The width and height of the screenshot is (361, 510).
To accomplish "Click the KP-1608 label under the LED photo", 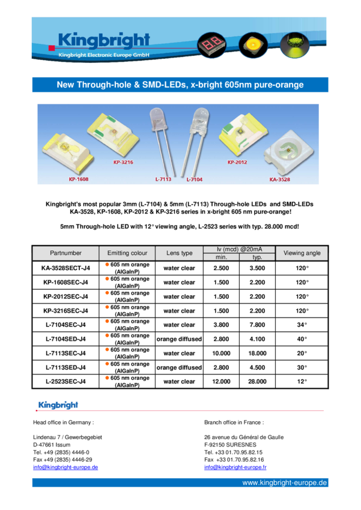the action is (x=79, y=179).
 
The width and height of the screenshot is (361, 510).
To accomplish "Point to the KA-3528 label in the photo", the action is (x=280, y=179).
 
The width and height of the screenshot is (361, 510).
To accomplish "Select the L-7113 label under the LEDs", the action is (x=163, y=179).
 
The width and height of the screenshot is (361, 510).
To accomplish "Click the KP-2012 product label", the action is (x=237, y=163).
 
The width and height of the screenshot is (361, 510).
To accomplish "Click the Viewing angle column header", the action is (x=302, y=253).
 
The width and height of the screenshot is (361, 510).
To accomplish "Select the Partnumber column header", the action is (x=65, y=253).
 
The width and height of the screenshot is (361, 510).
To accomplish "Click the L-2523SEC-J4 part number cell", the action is (x=65, y=382).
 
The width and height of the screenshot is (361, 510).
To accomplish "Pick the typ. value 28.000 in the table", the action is (x=257, y=382).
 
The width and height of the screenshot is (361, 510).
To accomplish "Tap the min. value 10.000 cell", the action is (x=221, y=353).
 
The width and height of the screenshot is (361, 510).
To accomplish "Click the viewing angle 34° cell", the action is (x=302, y=325).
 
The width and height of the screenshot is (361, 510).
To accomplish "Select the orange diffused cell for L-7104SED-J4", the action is (x=179, y=339).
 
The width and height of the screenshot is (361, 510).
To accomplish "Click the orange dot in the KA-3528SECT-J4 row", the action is (x=107, y=265).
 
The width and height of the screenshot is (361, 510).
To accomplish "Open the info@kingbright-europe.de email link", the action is (x=65, y=467).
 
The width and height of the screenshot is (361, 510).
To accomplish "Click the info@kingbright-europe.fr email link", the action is (x=235, y=467).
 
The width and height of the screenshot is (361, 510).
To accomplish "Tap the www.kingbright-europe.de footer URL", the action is (x=285, y=482).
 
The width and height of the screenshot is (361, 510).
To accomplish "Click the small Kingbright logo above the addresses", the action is (x=58, y=405).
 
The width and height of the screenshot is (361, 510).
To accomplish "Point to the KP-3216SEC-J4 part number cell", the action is (x=65, y=311).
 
